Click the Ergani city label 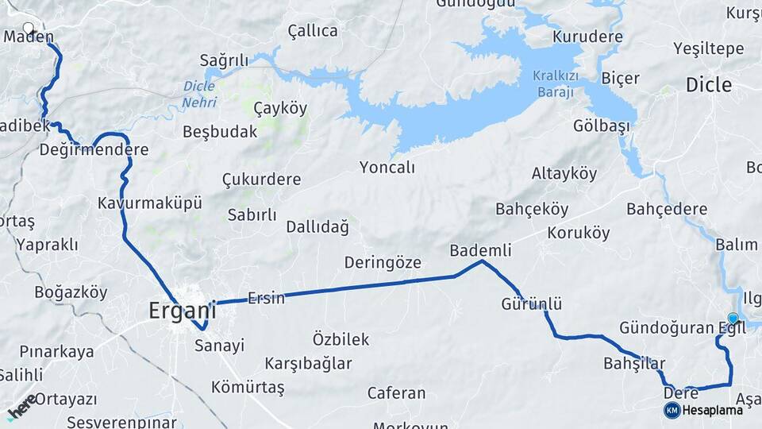point(182,311)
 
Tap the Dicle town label point(708,85)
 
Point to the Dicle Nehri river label point(199,94)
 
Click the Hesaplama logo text point(713,410)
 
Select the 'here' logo point(21,405)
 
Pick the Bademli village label point(480,249)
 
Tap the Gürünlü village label point(532,303)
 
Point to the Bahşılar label point(634,363)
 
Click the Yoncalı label point(387,168)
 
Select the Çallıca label point(313,31)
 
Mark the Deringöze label point(383,262)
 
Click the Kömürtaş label point(248,388)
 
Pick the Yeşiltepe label point(708,48)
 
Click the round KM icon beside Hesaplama point(672,410)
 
